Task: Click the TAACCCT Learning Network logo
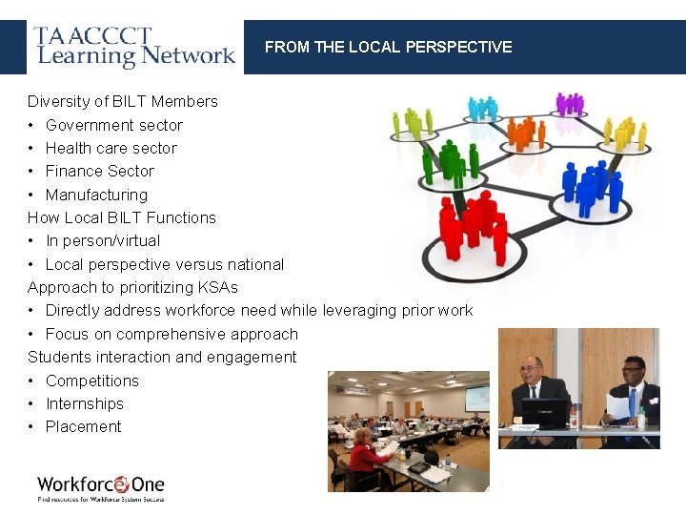point(134,47)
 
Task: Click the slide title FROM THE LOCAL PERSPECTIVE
point(388,47)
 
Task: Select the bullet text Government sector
point(113,125)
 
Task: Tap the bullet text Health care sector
point(111,148)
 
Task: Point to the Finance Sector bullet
point(99,172)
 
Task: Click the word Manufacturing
point(96,195)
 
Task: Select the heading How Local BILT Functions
point(122,217)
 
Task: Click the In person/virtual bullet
point(103,241)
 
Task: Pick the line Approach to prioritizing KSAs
point(132,287)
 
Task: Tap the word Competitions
point(91,381)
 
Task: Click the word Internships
point(85,403)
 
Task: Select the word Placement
point(83,427)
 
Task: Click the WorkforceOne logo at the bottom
point(101,486)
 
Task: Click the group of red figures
point(473,226)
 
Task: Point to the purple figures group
point(570,104)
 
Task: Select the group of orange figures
point(523,133)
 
